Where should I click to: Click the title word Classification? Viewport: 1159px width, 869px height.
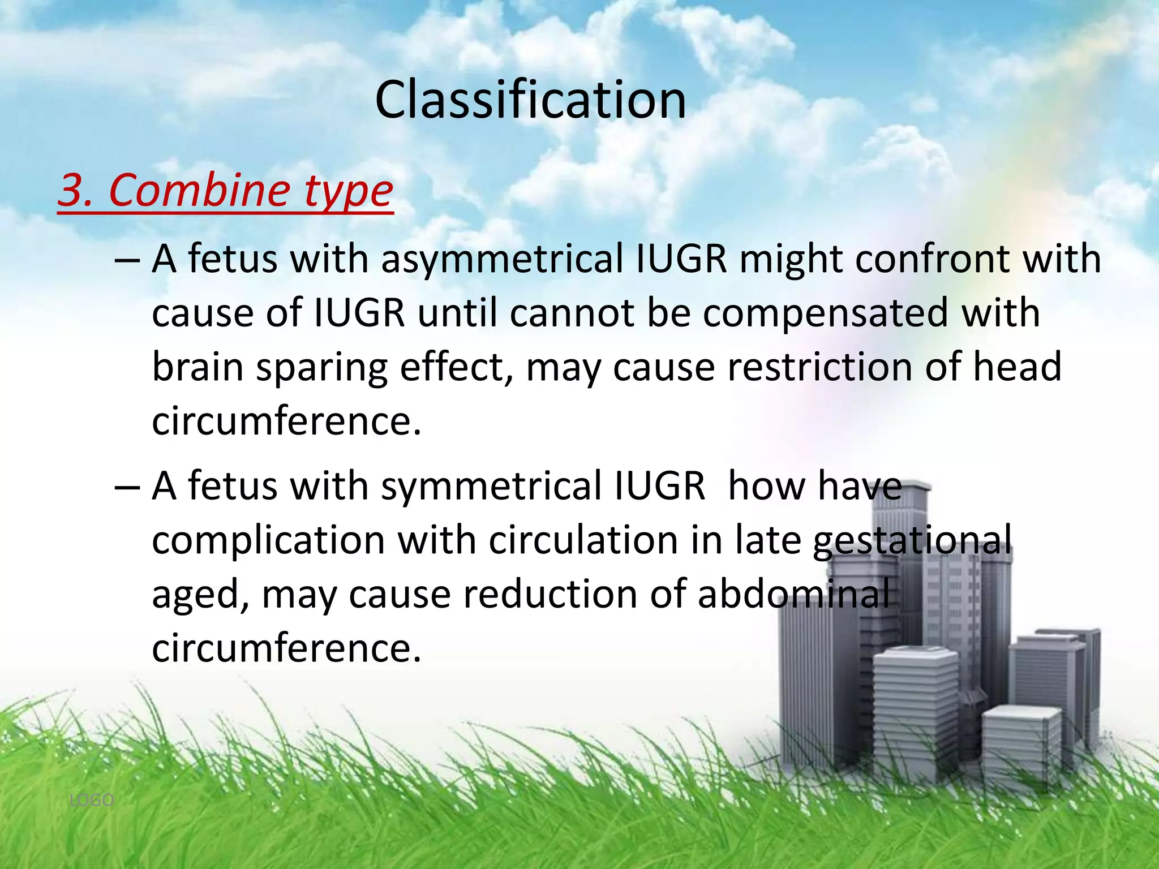pyautogui.click(x=530, y=100)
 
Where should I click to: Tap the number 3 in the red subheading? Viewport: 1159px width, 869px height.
pyautogui.click(x=72, y=190)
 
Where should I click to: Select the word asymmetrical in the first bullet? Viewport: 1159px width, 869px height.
pyautogui.click(x=502, y=259)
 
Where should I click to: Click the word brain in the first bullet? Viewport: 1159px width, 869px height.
pyautogui.click(x=198, y=367)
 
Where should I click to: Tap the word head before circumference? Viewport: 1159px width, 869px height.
pyautogui.click(x=1017, y=367)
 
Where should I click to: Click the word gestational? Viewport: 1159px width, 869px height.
pyautogui.click(x=912, y=540)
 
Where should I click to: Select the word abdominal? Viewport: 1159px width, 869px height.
pyautogui.click(x=793, y=594)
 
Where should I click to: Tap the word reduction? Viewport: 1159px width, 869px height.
pyautogui.click(x=550, y=594)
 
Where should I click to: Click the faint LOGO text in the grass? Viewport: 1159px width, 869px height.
pyautogui.click(x=91, y=800)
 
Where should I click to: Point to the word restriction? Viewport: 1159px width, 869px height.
pyautogui.click(x=819, y=367)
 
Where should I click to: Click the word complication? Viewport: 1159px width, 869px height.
pyautogui.click(x=269, y=540)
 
